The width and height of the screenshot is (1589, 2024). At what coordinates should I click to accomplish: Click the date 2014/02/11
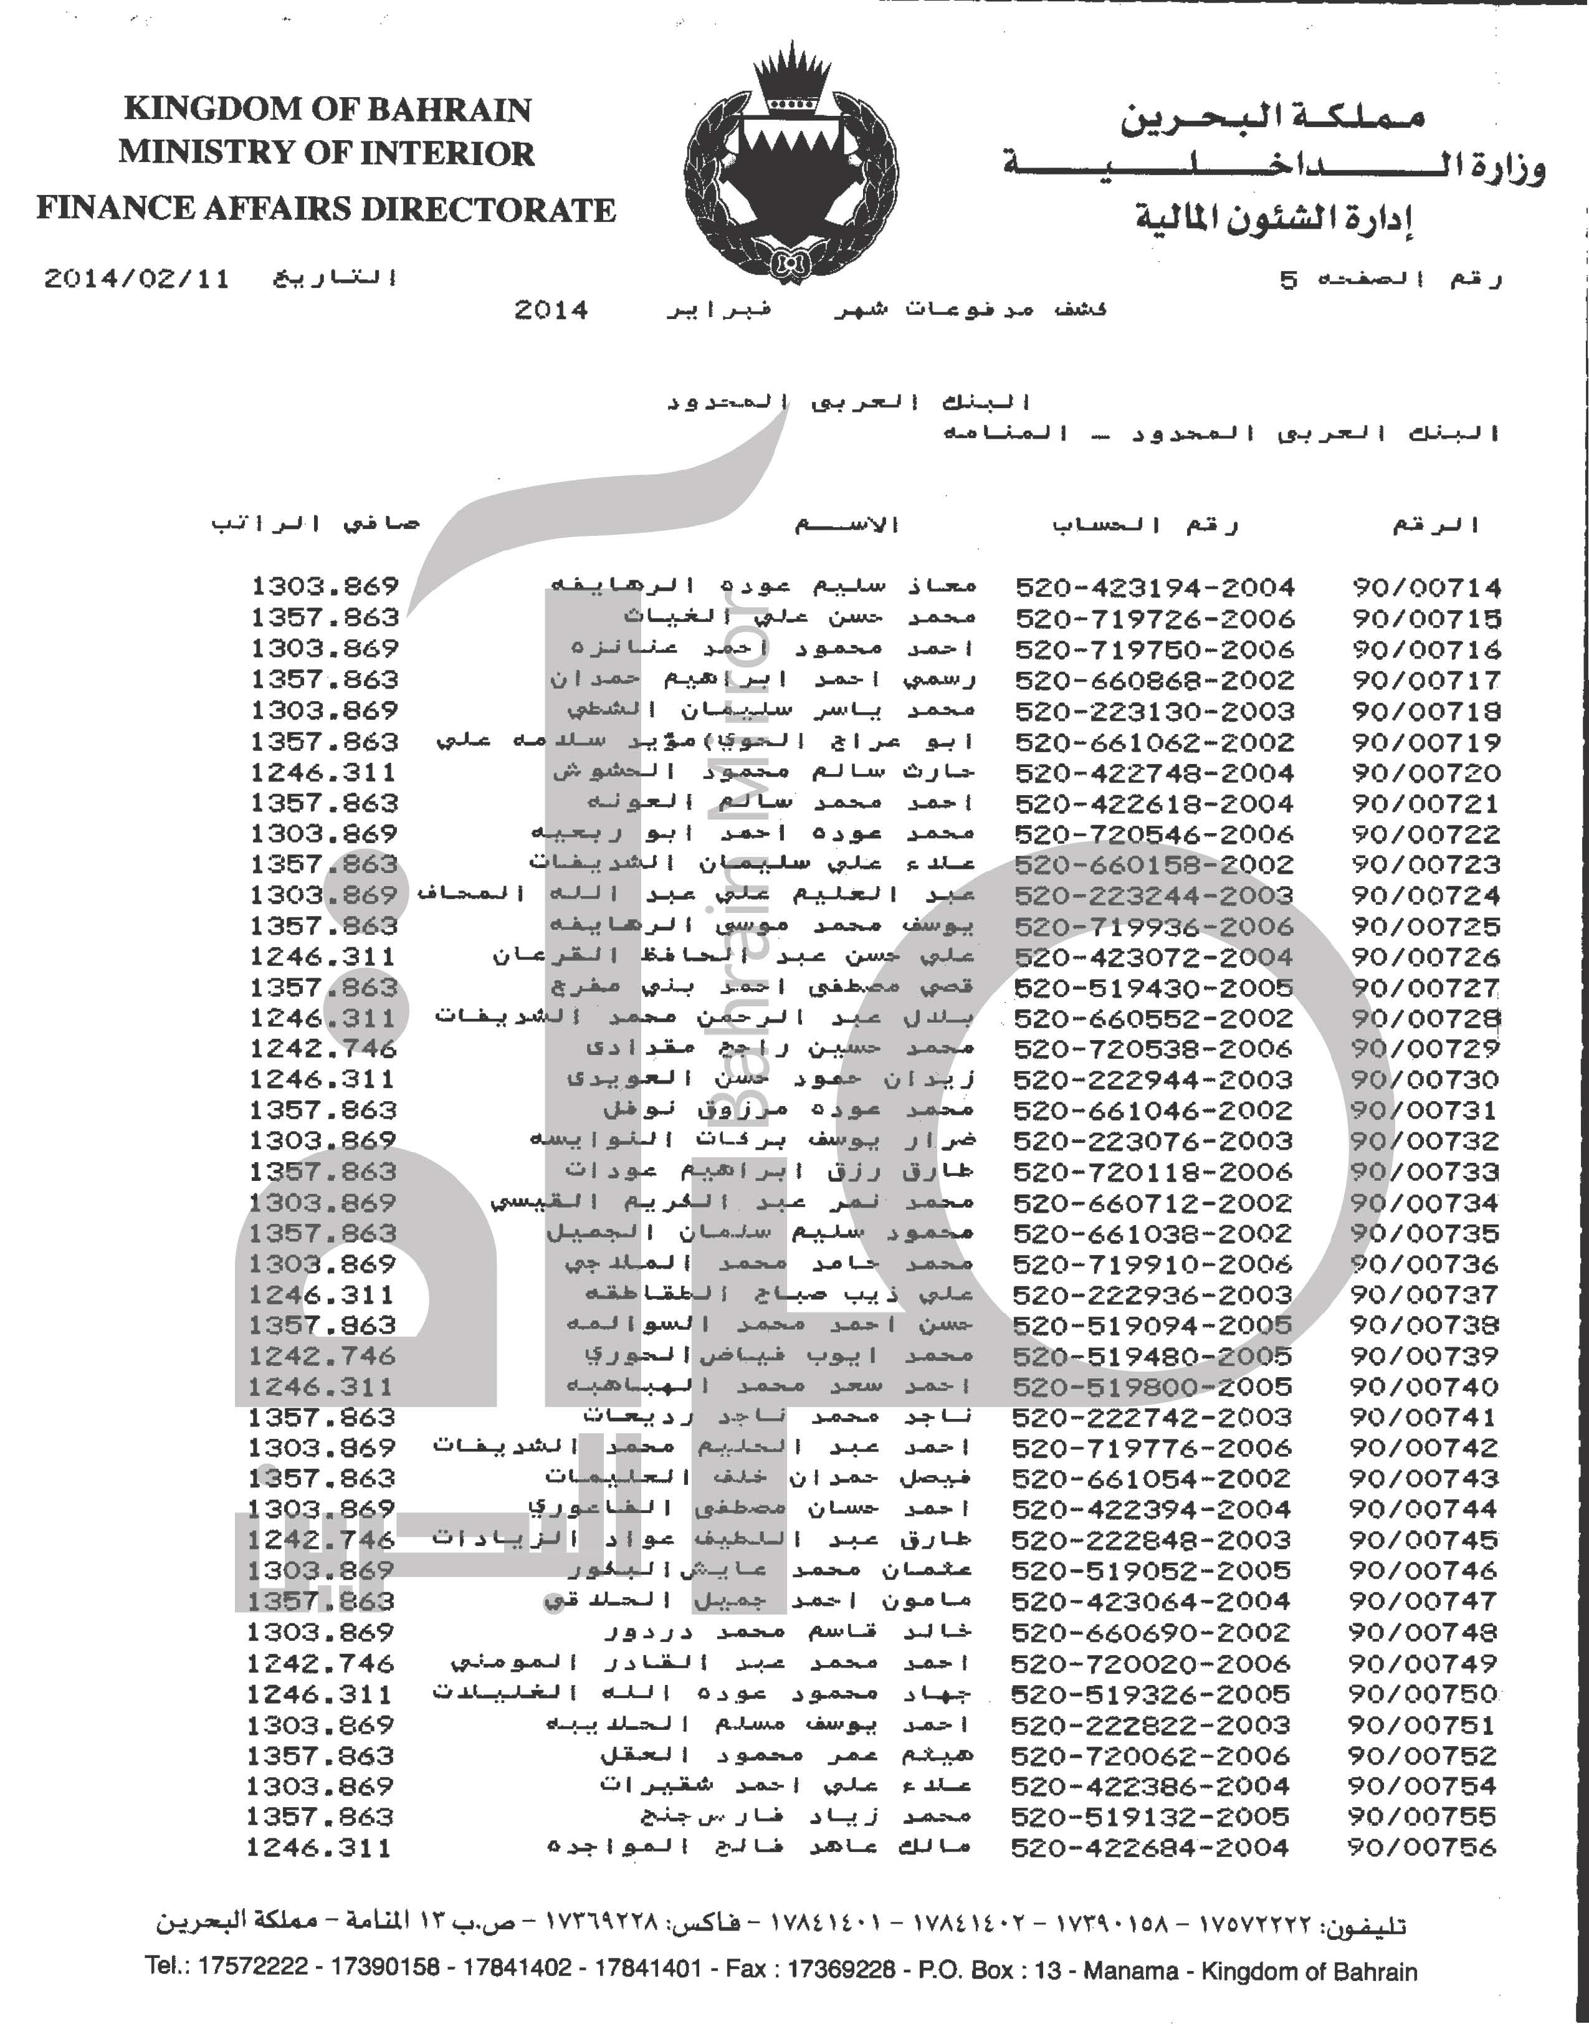(x=136, y=279)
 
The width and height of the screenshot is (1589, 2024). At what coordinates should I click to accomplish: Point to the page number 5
(x=1289, y=280)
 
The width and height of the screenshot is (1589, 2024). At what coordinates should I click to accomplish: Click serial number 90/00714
(x=1426, y=588)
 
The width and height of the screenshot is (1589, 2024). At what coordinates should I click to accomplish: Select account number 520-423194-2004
(x=1155, y=588)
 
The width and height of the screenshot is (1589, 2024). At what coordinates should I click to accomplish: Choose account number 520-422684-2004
(x=1150, y=1847)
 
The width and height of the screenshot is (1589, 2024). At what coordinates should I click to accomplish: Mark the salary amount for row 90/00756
(x=319, y=1847)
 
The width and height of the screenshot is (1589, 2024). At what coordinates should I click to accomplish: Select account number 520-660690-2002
(x=1151, y=1633)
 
